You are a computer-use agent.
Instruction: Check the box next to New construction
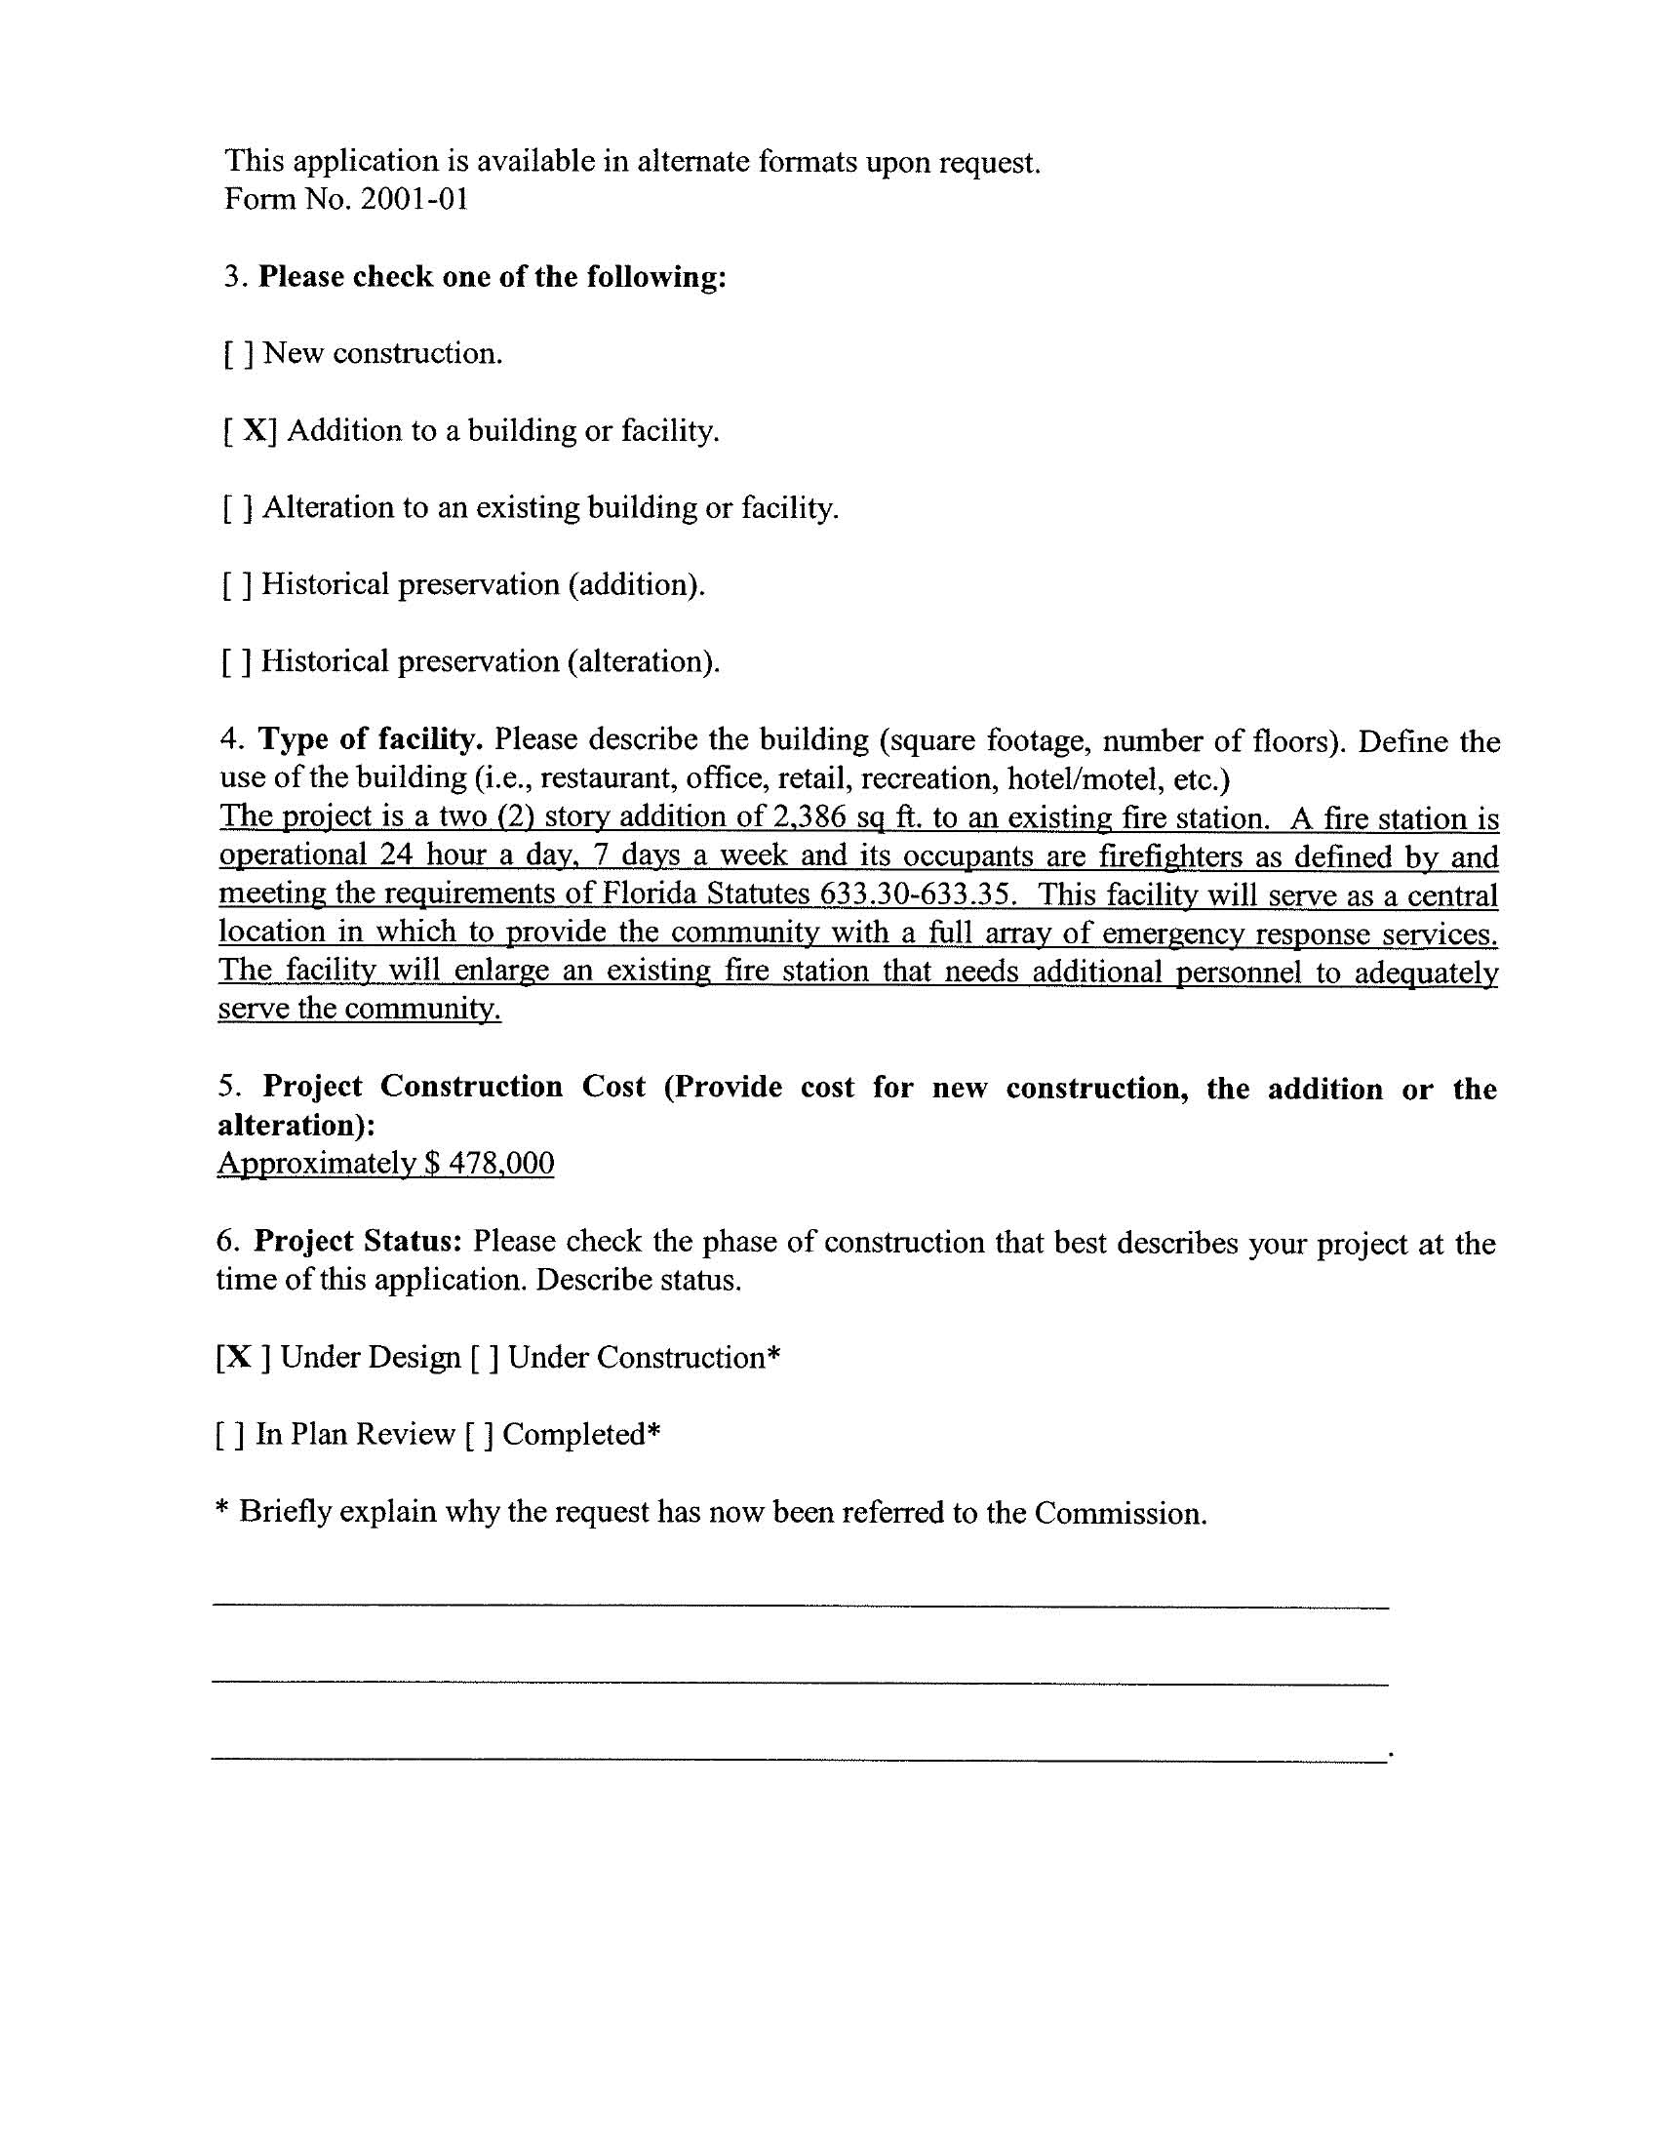coord(239,354)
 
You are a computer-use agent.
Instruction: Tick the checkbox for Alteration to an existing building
coord(239,509)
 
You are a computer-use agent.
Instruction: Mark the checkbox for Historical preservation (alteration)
coord(237,662)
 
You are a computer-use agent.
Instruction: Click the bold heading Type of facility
coord(371,738)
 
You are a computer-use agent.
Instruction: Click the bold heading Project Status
coord(358,1242)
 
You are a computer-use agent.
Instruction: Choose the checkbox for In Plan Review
coord(229,1435)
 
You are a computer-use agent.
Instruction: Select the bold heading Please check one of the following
coord(493,277)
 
